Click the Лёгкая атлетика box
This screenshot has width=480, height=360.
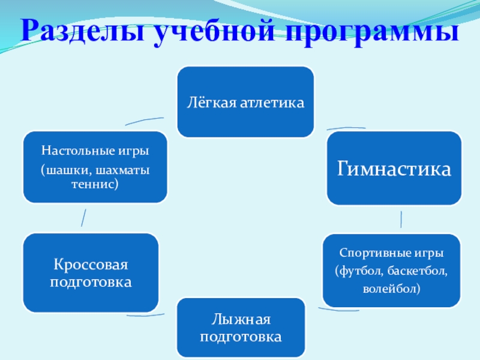[245, 101]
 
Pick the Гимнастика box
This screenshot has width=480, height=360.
[394, 168]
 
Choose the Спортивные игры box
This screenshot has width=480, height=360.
[391, 270]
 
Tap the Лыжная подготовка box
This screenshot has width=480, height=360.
[241, 327]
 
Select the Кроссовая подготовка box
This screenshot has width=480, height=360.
[91, 272]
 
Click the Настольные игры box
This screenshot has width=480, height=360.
[95, 167]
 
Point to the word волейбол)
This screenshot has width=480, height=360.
[391, 289]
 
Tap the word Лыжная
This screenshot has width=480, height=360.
[241, 319]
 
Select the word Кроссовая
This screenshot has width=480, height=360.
[91, 265]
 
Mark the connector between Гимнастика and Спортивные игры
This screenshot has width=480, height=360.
[401, 219]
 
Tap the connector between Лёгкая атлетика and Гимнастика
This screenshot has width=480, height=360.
[346, 128]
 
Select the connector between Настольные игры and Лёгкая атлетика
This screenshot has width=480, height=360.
[144, 121]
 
